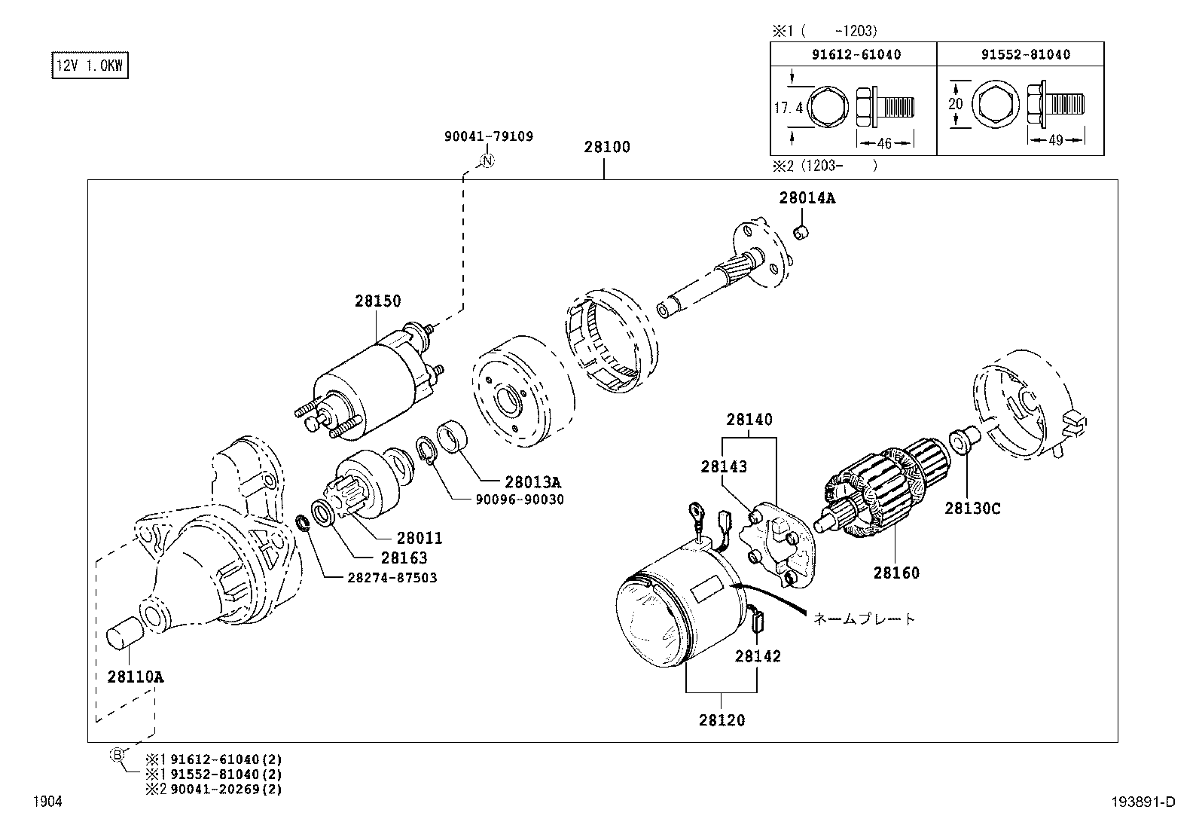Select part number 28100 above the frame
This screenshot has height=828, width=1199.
(606, 147)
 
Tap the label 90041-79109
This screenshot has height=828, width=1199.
(488, 136)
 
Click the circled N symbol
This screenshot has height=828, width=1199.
(487, 160)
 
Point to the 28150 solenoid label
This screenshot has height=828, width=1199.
(378, 301)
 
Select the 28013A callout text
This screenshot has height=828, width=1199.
(532, 482)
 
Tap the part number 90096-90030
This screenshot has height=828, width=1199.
(519, 500)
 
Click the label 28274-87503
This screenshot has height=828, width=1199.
(381, 577)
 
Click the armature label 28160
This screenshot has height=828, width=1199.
(896, 573)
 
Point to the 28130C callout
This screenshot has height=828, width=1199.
(972, 509)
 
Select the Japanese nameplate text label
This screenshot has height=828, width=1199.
(865, 619)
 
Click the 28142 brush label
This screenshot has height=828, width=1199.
(758, 655)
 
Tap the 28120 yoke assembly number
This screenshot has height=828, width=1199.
(722, 720)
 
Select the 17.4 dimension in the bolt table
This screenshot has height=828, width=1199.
(789, 108)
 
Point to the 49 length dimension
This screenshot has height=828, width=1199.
(1055, 140)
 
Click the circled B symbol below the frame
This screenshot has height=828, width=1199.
(117, 754)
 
